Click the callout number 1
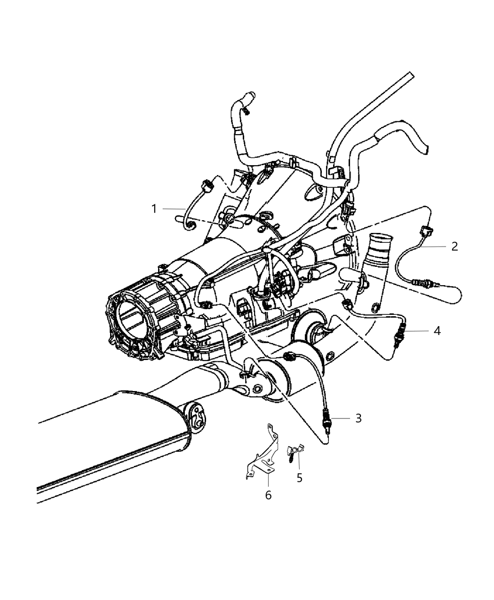point(154,208)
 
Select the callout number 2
point(454,246)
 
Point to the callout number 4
point(437,331)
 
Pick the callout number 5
point(299,478)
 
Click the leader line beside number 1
point(175,209)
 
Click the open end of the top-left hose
point(249,95)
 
